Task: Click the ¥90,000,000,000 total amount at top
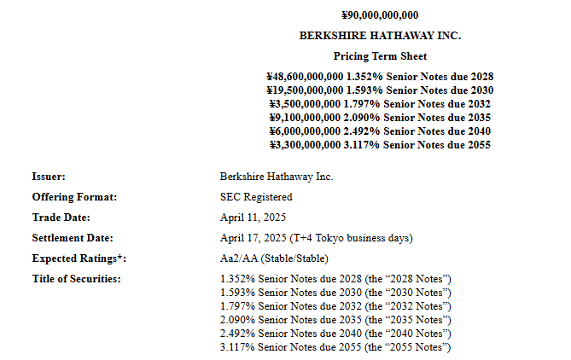pyautogui.click(x=380, y=15)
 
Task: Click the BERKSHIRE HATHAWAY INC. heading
pyautogui.click(x=380, y=36)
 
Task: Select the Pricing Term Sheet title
pyautogui.click(x=380, y=55)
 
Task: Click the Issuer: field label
pyautogui.click(x=49, y=177)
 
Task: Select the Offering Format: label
pyautogui.click(x=74, y=197)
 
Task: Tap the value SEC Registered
pyautogui.click(x=256, y=197)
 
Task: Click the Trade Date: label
pyautogui.click(x=61, y=218)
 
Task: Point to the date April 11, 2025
pyautogui.click(x=253, y=218)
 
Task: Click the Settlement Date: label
pyautogui.click(x=73, y=238)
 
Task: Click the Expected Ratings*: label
pyautogui.click(x=79, y=258)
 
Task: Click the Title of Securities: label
pyautogui.click(x=76, y=279)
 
